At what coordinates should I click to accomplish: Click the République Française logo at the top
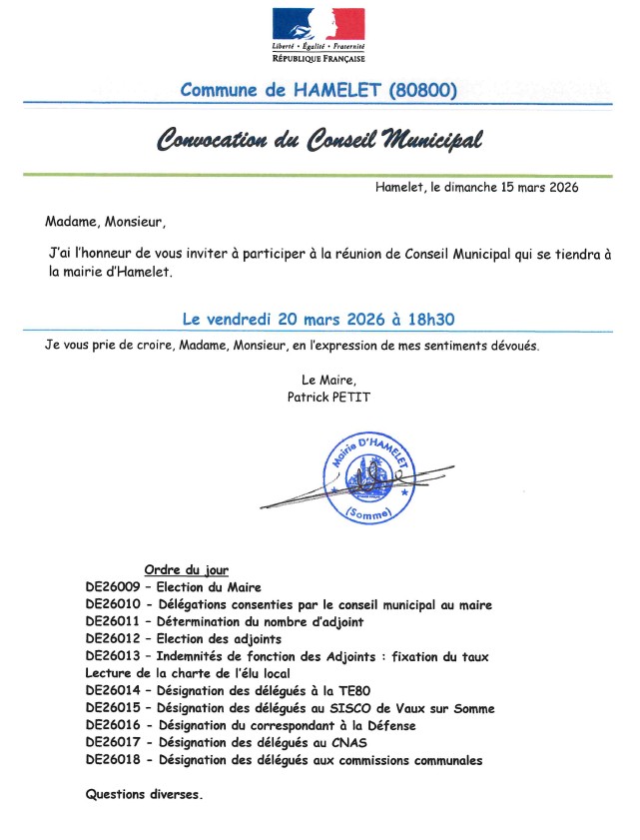coord(319,35)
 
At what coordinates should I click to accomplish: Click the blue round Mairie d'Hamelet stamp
coord(364,475)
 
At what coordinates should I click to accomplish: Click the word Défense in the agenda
coord(386,725)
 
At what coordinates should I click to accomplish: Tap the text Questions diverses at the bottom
coord(144,795)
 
